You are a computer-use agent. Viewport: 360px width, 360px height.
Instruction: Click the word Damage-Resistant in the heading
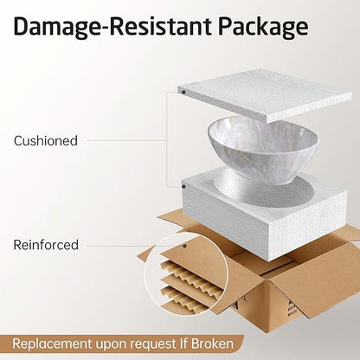coord(112,27)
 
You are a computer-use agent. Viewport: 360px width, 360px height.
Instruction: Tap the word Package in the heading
coord(263,28)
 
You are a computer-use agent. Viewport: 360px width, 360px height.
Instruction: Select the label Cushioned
coord(46,141)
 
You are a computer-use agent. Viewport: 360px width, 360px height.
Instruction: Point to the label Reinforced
coord(46,245)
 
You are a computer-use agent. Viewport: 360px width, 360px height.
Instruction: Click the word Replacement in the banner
coord(52,344)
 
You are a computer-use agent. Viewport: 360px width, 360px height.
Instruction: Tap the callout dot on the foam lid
coord(183,93)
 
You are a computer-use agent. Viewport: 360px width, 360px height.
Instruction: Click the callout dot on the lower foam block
coord(183,187)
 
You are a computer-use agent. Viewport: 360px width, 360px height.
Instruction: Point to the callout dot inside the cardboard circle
coord(184,246)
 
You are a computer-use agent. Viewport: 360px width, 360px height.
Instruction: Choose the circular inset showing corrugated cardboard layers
coord(186,274)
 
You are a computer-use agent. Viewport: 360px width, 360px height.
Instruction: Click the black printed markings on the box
coord(291,310)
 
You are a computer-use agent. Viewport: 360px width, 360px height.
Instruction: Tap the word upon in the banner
coord(111,344)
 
